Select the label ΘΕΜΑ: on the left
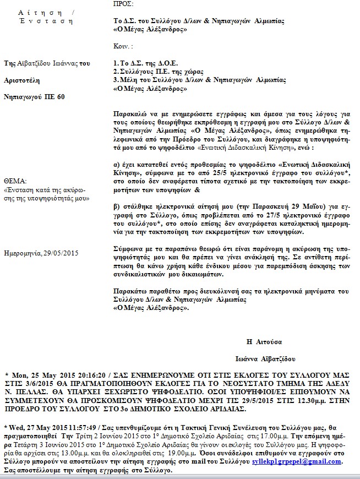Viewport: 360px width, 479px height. (15, 180)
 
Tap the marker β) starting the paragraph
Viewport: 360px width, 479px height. (116, 204)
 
